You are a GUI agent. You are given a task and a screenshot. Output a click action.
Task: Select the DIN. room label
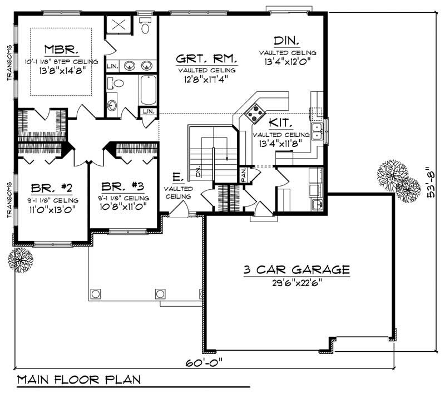pos(287,41)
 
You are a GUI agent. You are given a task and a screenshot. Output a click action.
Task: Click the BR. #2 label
pos(43,187)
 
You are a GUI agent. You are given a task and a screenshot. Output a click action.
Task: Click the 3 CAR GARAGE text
pos(296,271)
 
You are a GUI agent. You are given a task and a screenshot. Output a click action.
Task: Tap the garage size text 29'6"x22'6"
pos(296,282)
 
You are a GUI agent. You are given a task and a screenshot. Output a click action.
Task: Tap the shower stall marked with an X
pos(118,26)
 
